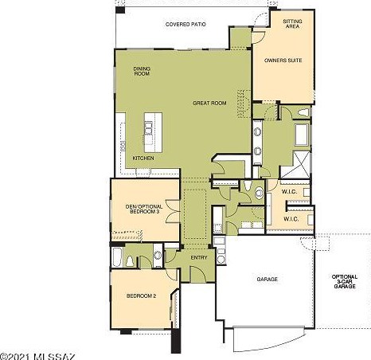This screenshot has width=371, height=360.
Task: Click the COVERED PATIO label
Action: (185, 24)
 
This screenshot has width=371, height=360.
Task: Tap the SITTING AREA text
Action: (292, 24)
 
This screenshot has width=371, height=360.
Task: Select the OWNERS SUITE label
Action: (283, 61)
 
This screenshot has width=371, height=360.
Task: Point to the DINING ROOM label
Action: (142, 71)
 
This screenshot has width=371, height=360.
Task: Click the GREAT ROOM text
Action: (209, 103)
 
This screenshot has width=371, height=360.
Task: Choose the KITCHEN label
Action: (143, 158)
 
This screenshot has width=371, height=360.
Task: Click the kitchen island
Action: (153, 132)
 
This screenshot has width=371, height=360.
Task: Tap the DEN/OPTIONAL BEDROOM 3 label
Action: (144, 209)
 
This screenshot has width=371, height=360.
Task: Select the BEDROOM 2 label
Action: (141, 295)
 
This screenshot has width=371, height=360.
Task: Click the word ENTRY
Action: (199, 257)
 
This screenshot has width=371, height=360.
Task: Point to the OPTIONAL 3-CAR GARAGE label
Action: (345, 281)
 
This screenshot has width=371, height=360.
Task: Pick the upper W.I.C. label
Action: (289, 191)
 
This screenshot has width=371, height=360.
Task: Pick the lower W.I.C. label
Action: (291, 219)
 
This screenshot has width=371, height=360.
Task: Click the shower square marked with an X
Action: (295, 165)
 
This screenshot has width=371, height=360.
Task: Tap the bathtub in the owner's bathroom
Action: (302, 135)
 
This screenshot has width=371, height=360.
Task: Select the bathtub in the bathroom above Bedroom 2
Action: (117, 257)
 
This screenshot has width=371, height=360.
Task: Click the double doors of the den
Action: (173, 211)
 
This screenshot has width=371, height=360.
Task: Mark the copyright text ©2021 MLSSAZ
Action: (38, 356)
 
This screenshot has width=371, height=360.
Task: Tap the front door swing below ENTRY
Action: (198, 274)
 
